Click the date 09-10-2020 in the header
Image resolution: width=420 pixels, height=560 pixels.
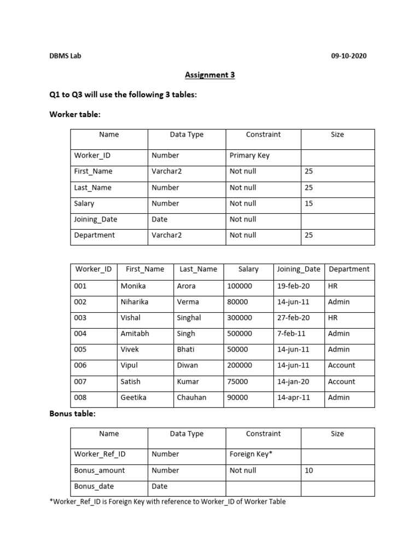(349, 56)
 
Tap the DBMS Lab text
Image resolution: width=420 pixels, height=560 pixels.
(65, 56)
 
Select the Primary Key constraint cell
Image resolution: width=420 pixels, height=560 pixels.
(249, 155)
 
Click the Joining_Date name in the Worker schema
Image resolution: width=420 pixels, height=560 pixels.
(96, 219)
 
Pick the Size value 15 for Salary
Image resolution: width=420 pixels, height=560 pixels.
(309, 203)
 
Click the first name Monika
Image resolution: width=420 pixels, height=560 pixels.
(133, 286)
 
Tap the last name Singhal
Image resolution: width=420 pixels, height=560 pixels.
(189, 318)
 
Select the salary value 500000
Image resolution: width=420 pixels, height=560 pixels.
(240, 334)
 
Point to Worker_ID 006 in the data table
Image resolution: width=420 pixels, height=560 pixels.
(80, 365)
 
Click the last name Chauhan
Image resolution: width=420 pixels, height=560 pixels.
(191, 398)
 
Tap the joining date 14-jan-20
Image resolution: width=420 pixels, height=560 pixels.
(293, 382)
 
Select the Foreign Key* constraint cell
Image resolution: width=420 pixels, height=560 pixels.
(250, 454)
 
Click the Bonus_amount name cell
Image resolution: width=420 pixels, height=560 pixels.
(100, 470)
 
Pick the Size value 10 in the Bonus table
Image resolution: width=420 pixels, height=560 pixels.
(309, 470)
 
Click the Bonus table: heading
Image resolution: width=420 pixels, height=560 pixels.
(72, 414)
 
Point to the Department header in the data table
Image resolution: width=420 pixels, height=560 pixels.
(349, 269)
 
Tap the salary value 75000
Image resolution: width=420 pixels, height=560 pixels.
(237, 382)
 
